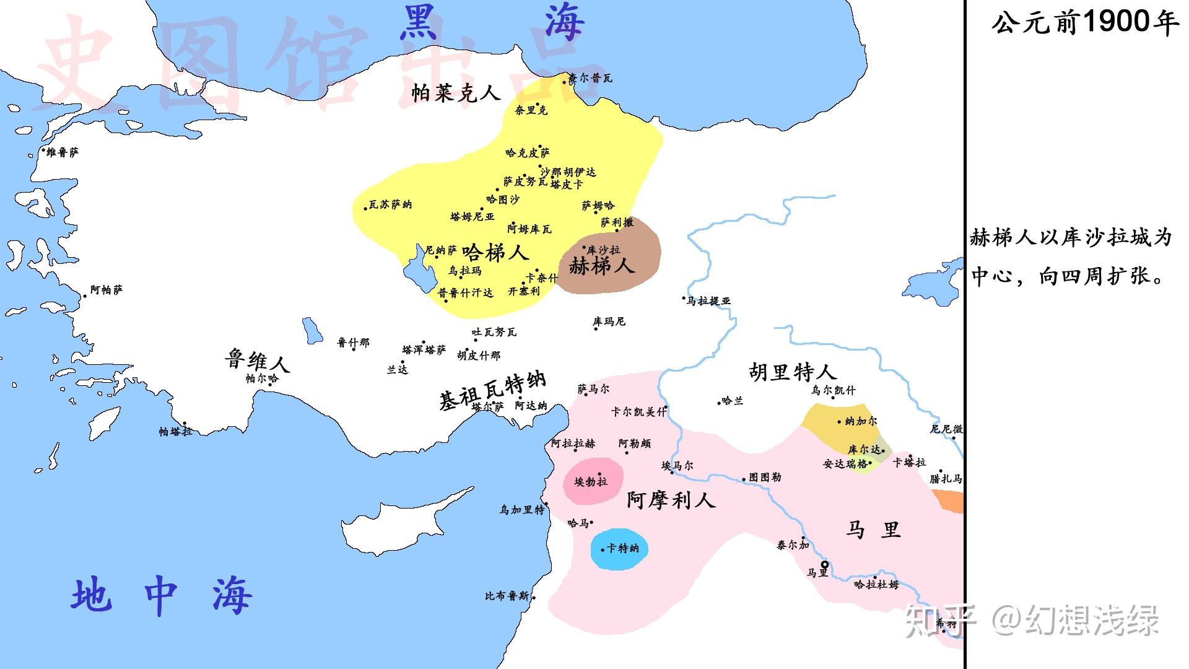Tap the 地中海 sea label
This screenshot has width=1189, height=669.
coord(161,596)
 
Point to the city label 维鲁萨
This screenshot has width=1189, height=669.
coord(63,152)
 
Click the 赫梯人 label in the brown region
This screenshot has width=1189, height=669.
coord(601,266)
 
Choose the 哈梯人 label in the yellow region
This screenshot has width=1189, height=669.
coord(495,252)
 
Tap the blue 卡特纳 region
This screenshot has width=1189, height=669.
coord(619,549)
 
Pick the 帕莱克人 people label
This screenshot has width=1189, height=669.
coord(456,93)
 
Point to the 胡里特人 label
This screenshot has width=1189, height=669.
coord(793,372)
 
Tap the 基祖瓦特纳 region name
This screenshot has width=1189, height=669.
coord(492,390)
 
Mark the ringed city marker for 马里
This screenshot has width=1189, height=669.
coord(824,564)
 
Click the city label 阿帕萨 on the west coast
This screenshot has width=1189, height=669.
coord(107,290)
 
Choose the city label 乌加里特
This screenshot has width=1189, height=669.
coord(522,510)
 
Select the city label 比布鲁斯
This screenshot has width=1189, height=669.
coord(507,597)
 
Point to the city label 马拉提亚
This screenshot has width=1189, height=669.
coord(709,301)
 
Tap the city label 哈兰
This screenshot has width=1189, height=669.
coord(732,401)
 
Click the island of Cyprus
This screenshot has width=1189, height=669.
coord(409,517)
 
